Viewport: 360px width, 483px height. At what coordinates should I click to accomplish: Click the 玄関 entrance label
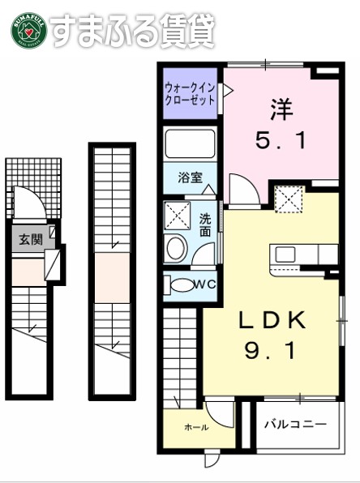(31, 238)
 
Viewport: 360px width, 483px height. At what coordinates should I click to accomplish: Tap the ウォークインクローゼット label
(190, 95)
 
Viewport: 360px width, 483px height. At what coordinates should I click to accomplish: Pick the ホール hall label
(196, 427)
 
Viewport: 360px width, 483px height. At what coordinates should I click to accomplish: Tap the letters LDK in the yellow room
(272, 322)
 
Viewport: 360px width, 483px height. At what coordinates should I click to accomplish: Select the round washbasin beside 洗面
(175, 249)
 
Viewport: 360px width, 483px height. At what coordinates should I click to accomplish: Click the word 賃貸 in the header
(189, 29)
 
